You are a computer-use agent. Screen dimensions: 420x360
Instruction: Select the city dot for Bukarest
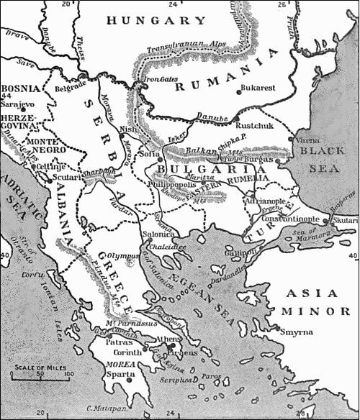click(x=238, y=91)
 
